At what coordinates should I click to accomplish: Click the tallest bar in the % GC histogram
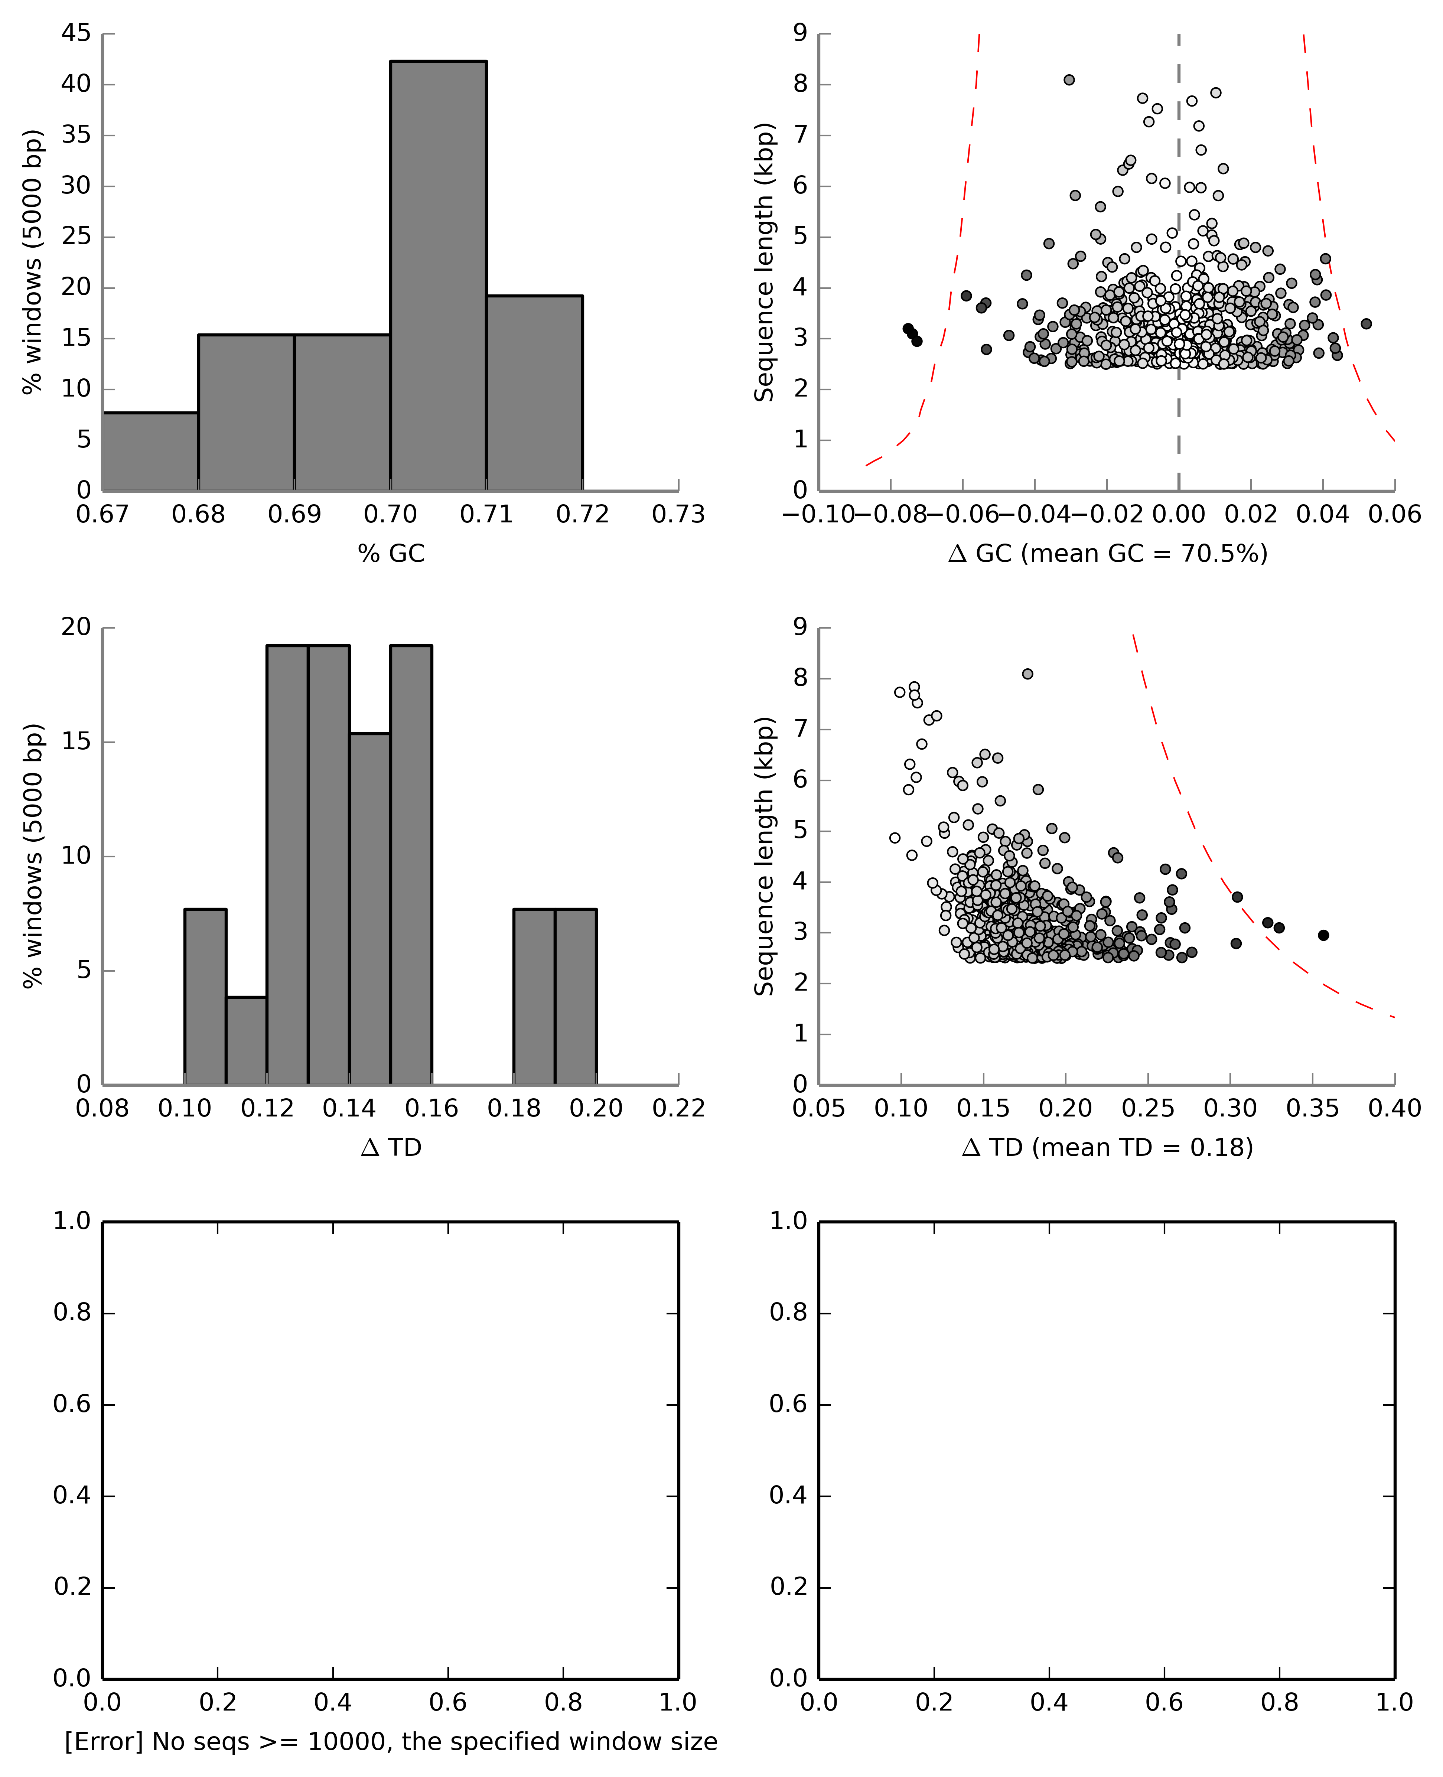point(438,274)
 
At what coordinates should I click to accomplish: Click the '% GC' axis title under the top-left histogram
point(391,554)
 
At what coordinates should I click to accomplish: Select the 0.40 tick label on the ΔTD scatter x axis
point(1394,1109)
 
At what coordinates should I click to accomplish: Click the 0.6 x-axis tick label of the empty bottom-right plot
point(1164,1702)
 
